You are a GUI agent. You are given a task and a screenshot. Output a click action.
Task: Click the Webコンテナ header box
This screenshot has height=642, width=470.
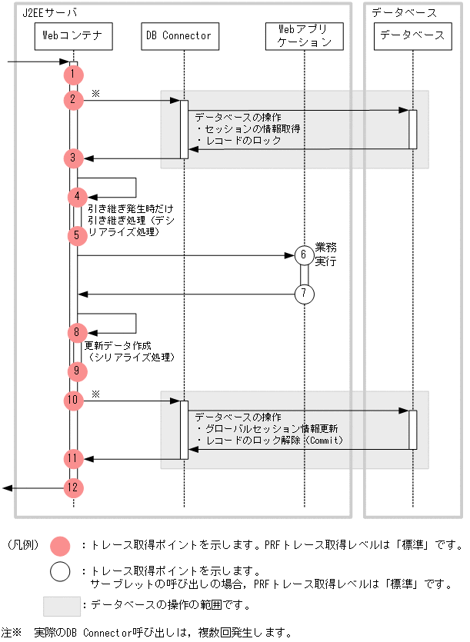click(74, 35)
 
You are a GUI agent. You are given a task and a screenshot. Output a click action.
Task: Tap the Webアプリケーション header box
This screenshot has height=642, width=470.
click(304, 35)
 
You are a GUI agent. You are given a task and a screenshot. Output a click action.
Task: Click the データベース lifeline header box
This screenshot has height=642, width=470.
click(412, 35)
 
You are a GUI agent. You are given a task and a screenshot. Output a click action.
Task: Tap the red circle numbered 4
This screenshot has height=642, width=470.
click(77, 196)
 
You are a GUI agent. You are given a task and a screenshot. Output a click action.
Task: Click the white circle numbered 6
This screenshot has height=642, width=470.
click(304, 255)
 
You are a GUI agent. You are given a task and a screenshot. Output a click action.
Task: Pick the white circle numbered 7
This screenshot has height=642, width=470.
click(304, 294)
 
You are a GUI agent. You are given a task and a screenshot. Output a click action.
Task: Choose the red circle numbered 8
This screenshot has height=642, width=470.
click(77, 333)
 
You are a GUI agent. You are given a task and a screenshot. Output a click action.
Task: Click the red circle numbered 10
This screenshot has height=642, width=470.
click(73, 401)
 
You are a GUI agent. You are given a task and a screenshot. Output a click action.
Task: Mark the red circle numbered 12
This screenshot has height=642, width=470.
click(73, 487)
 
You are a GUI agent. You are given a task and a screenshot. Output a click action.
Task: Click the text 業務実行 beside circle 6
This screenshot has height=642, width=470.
click(325, 254)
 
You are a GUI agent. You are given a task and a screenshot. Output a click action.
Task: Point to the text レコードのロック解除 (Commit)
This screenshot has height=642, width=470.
click(269, 441)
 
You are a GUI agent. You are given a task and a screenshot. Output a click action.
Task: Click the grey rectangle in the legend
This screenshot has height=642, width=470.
click(62, 606)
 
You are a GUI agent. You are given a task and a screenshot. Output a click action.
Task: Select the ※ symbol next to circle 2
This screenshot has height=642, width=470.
click(95, 92)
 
